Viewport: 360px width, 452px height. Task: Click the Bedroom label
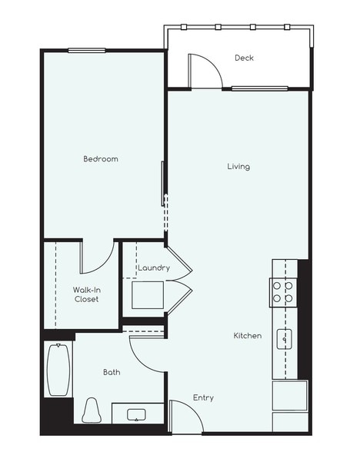(101, 159)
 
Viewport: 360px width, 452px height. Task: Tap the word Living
(238, 166)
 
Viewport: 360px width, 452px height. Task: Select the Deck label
(244, 58)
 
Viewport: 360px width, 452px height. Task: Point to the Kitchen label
(248, 336)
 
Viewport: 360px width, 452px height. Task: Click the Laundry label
(154, 268)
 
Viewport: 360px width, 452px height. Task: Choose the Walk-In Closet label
(86, 294)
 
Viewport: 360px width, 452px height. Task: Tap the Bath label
(112, 372)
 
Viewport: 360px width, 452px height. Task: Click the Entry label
(203, 397)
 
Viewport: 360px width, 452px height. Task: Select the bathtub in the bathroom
(58, 370)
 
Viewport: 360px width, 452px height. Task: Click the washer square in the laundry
(146, 294)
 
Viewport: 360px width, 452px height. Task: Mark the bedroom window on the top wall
(86, 51)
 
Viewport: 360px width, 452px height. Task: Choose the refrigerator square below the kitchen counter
(289, 396)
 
